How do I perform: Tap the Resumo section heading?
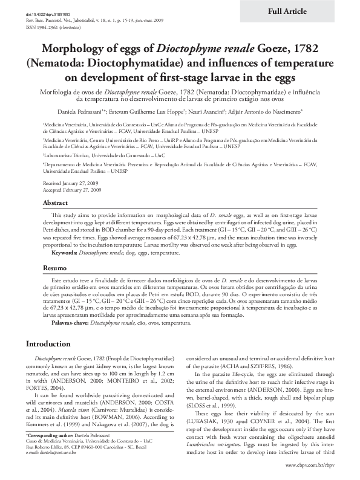[x=54, y=267]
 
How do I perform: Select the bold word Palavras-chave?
[x=68, y=323]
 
